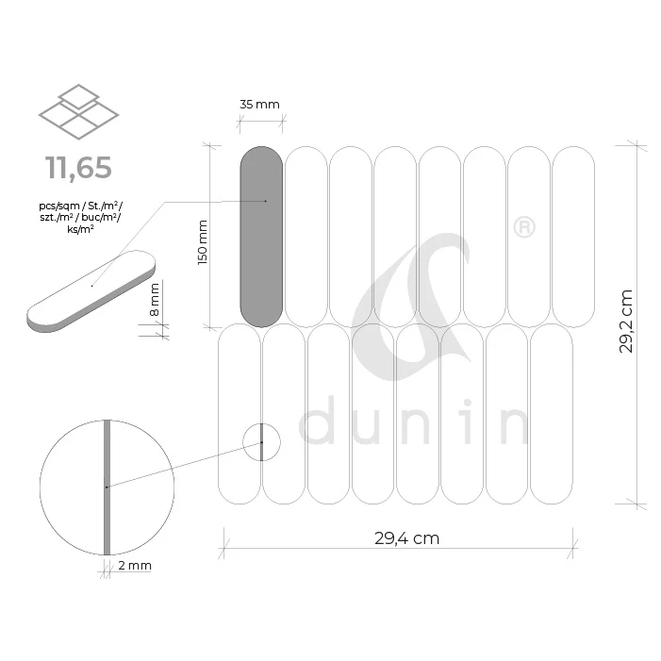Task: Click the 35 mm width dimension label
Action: click(259, 104)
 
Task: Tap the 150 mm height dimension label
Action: click(203, 242)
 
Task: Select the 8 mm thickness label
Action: click(155, 300)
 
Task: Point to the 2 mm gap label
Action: click(135, 566)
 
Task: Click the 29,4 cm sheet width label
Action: click(406, 538)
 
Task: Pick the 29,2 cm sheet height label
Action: click(626, 322)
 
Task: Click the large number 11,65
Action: click(78, 167)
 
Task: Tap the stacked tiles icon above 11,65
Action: click(79, 111)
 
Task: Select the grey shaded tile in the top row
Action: click(261, 237)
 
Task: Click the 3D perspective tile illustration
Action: click(91, 291)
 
